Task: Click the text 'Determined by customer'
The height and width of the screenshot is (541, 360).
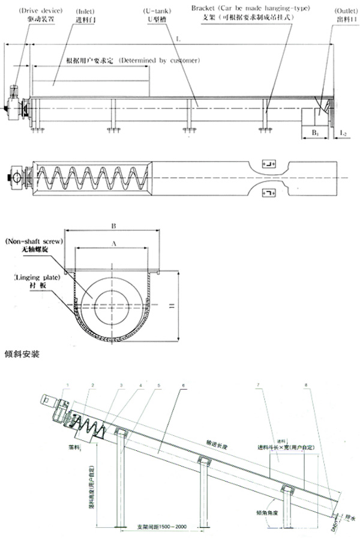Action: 159,61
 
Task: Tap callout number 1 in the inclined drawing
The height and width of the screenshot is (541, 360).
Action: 68,384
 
